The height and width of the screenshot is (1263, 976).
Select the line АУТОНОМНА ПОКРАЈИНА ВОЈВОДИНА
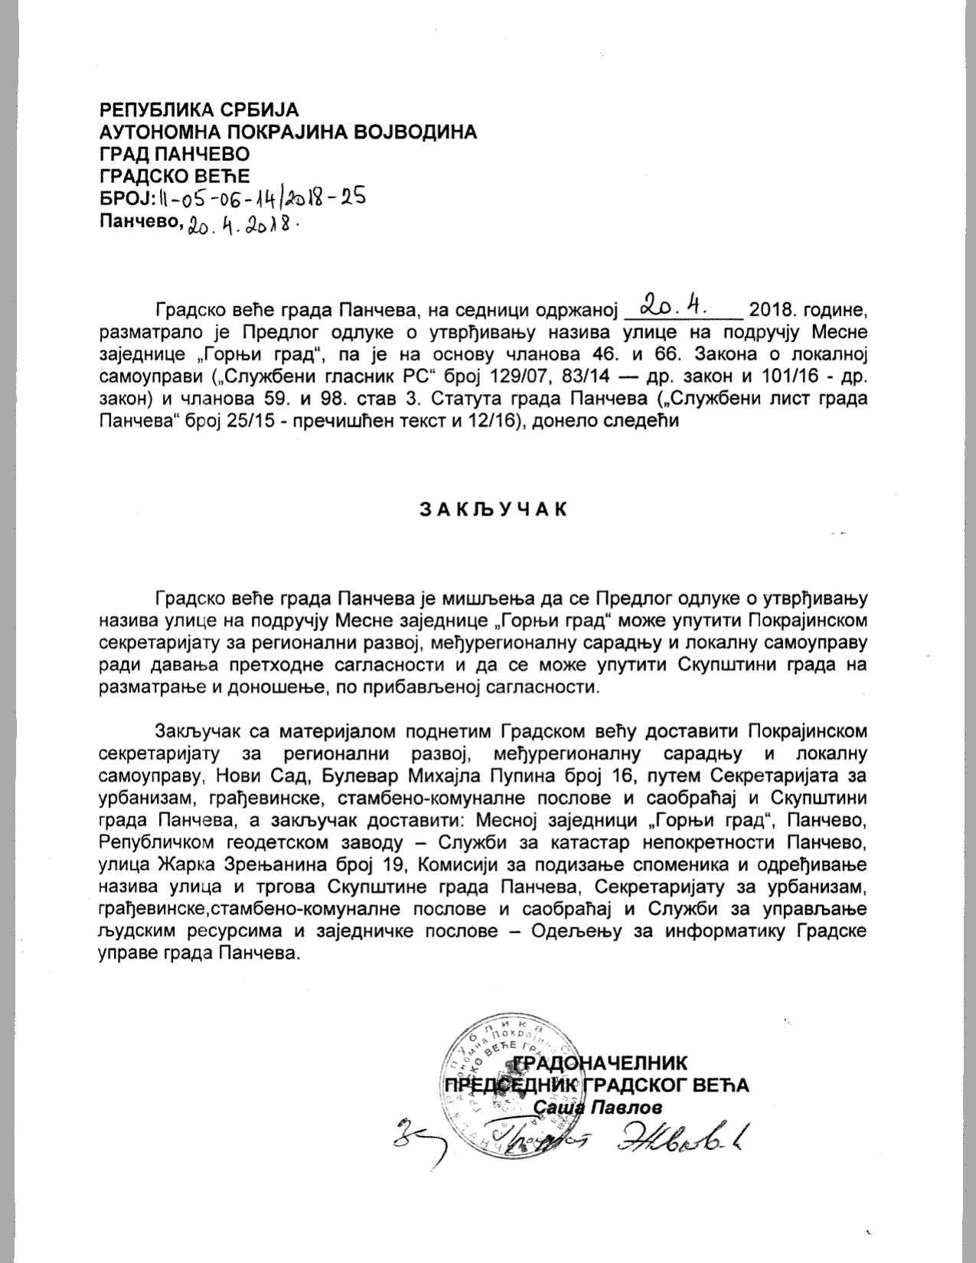[x=288, y=132]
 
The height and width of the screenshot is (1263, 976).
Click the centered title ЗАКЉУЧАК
[x=494, y=509]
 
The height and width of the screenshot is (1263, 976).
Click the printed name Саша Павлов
[x=596, y=1107]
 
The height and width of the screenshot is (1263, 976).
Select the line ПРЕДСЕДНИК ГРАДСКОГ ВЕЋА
[x=597, y=1085]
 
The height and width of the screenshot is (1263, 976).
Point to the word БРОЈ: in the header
[x=126, y=199]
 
